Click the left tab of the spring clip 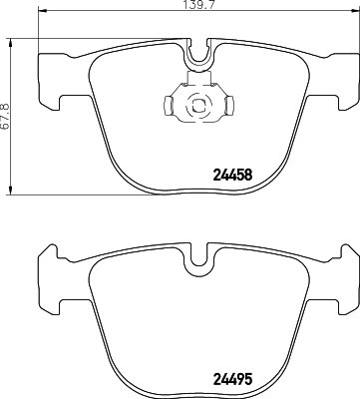click(x=167, y=103)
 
